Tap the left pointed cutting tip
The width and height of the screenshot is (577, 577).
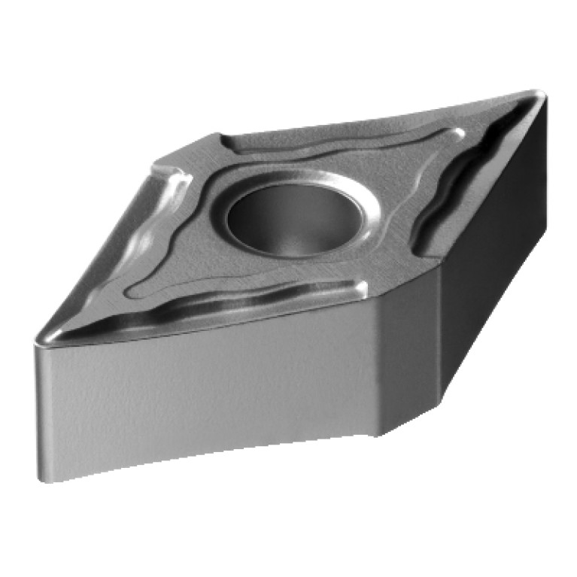39,340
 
